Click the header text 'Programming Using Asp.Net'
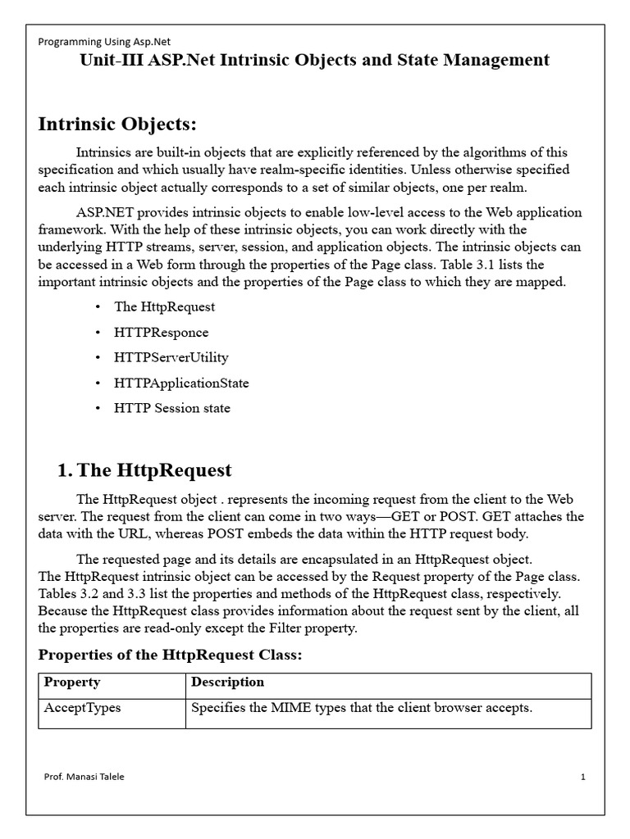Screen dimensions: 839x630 click(104, 41)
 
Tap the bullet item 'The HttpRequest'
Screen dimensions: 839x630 click(164, 306)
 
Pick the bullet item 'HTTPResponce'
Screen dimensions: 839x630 click(161, 332)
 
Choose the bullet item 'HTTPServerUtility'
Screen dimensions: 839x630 click(171, 357)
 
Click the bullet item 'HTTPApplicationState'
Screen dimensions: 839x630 click(181, 383)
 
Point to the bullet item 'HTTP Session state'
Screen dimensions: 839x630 click(171, 408)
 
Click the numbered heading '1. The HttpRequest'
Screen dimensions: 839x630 click(144, 470)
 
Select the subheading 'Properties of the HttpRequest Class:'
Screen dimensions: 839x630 click(171, 655)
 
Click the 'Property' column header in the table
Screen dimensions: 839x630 click(71, 683)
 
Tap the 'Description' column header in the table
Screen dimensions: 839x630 click(227, 683)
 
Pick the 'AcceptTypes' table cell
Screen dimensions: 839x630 click(81, 708)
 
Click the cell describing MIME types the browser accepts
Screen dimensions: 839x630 click(361, 708)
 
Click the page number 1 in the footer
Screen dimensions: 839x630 click(582, 778)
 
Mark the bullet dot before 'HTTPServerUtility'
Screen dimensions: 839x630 click(98, 357)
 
